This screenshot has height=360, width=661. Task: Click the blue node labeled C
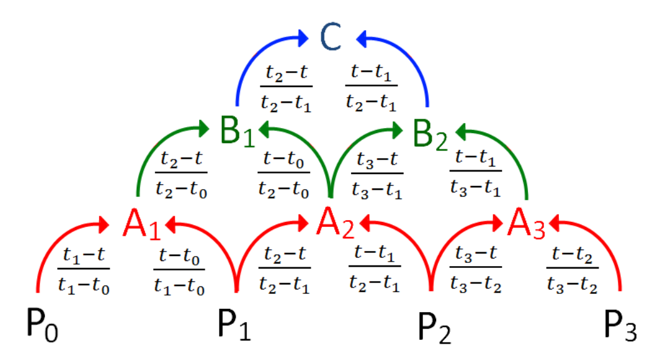click(x=330, y=37)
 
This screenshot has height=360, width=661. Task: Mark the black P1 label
click(x=234, y=325)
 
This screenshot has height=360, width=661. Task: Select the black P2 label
click(x=434, y=326)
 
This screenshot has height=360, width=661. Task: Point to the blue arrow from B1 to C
click(x=252, y=50)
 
